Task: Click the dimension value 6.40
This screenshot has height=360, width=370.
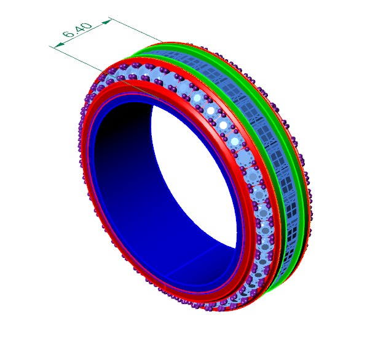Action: pos(77,31)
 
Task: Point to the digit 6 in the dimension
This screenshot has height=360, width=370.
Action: pos(68,35)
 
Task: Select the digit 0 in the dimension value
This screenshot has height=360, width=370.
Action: pos(87,26)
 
